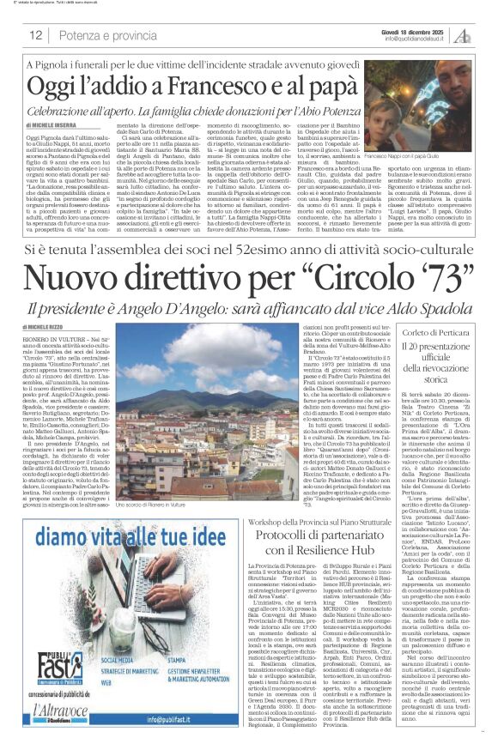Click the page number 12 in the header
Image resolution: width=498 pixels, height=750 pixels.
click(36, 35)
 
